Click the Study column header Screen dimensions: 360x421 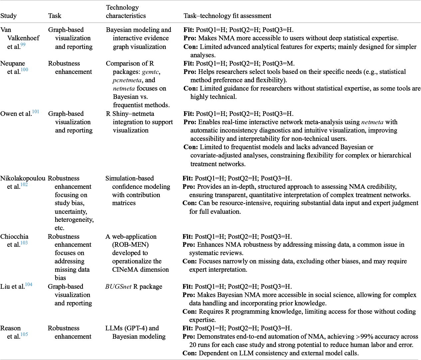pos(9,16)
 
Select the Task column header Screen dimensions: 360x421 pos(55,16)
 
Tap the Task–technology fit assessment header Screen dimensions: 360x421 pos(227,16)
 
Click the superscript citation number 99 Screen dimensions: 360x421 pos(23,45)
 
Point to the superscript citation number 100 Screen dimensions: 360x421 pos(24,70)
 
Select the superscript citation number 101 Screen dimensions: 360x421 pos(36,112)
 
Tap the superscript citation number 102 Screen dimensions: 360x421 pos(24,184)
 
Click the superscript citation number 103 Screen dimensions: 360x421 pos(24,243)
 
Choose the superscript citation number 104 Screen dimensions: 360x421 pos(29,284)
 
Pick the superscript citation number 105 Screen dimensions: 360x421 pos(24,334)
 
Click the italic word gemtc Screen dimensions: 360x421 pos(150,72)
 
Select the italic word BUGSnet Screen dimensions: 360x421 pos(118,287)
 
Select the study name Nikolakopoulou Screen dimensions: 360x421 pos(23,178)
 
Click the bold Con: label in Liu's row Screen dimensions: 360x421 pos(190,312)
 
